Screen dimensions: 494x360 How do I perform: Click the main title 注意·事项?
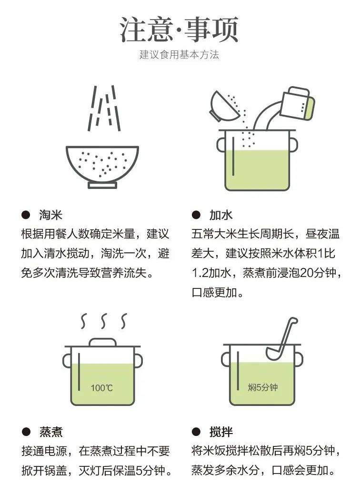179,30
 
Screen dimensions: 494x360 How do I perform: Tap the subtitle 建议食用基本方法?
179,55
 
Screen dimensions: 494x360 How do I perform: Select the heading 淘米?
50,215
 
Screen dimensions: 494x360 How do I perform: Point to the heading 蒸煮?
50,432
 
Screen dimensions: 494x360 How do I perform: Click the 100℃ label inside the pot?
102,388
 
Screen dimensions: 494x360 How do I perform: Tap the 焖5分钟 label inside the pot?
262,387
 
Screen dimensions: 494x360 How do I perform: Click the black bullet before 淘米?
26,215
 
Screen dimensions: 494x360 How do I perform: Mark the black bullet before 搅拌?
196,432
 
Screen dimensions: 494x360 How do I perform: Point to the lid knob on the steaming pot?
102,342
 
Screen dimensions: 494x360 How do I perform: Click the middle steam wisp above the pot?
102,321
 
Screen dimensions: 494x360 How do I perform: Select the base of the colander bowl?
102,185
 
